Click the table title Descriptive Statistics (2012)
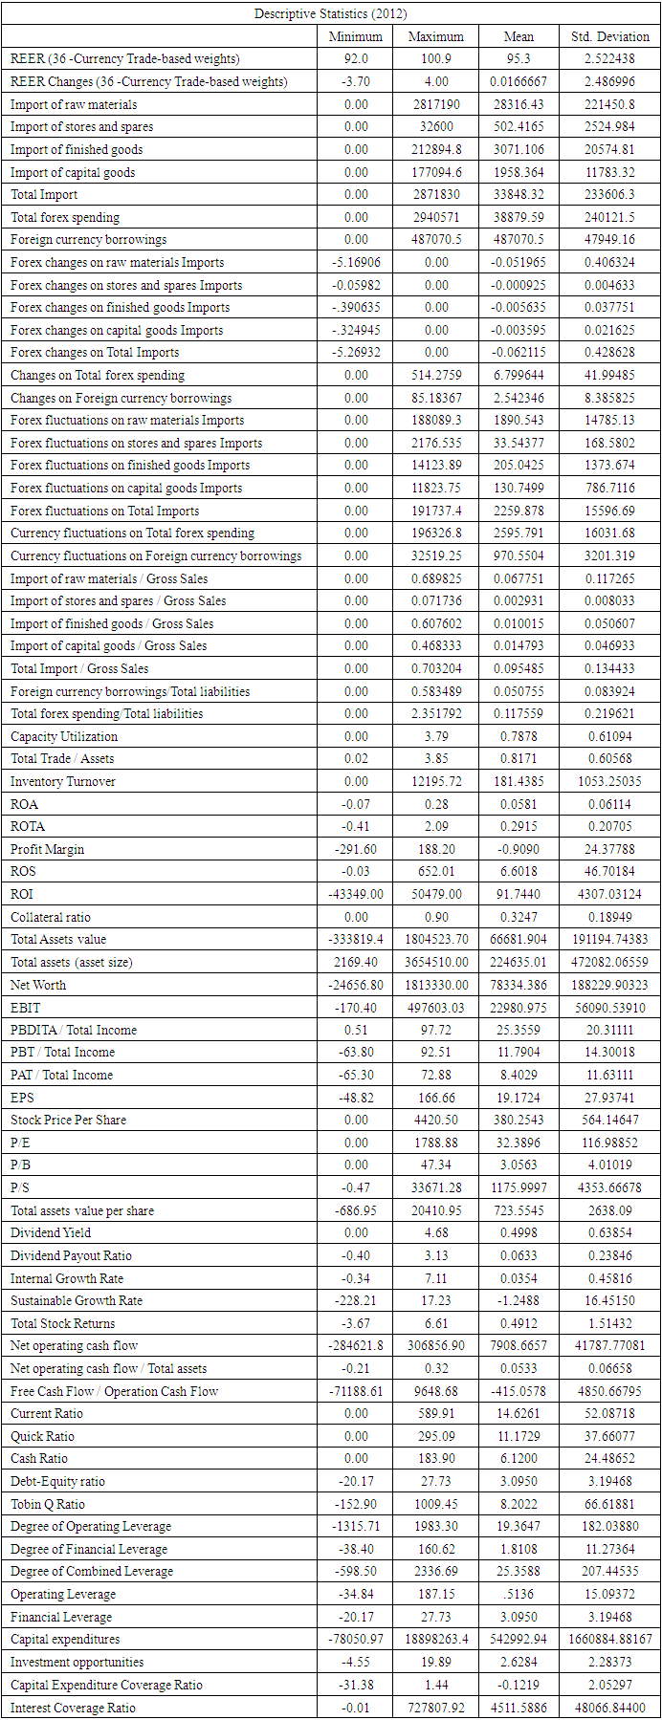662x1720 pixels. [330, 13]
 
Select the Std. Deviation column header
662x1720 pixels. [609, 36]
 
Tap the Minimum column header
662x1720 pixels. [355, 36]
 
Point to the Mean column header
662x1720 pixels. [519, 36]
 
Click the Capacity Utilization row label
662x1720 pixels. [64, 736]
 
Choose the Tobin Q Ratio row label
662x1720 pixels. [47, 1504]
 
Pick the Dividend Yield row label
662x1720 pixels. [51, 1232]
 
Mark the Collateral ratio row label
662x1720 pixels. [51, 917]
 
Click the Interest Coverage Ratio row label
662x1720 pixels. [73, 1708]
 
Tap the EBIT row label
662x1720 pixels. [26, 1007]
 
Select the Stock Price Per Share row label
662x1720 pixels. [68, 1120]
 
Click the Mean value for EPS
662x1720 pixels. [519, 1098]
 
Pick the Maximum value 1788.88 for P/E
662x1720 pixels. [436, 1143]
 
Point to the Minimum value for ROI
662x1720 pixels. [355, 894]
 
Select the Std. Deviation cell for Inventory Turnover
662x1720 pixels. [609, 781]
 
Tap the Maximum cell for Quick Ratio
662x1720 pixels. [436, 1436]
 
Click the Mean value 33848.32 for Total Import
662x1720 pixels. [519, 194]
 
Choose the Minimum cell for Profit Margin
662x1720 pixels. [355, 849]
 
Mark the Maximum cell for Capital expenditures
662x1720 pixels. [436, 1639]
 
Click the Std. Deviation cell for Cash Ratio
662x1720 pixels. [609, 1458]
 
